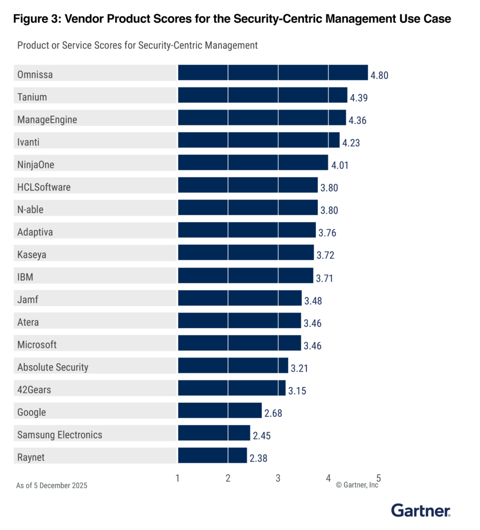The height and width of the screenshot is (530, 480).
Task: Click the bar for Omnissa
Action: pos(273,73)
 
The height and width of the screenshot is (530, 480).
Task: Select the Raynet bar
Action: pos(213,455)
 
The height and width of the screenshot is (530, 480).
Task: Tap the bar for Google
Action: pos(220,410)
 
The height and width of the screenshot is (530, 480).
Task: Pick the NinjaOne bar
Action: pos(253,163)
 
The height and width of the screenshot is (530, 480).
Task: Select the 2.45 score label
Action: pos(262,436)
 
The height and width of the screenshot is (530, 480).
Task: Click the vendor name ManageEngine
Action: pos(47,120)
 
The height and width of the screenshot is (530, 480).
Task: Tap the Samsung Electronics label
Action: pos(60,435)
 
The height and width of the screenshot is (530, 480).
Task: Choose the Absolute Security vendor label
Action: pos(53,367)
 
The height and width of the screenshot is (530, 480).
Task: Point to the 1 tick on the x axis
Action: pos(178,478)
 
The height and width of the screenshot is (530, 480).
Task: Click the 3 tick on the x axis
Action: pos(278,478)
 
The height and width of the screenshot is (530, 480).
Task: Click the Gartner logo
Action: pos(420,511)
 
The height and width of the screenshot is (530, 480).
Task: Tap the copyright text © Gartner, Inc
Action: pos(357,485)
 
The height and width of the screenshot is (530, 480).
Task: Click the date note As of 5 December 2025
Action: pos(52,485)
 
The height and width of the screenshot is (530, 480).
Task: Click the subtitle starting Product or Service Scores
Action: pos(137,46)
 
